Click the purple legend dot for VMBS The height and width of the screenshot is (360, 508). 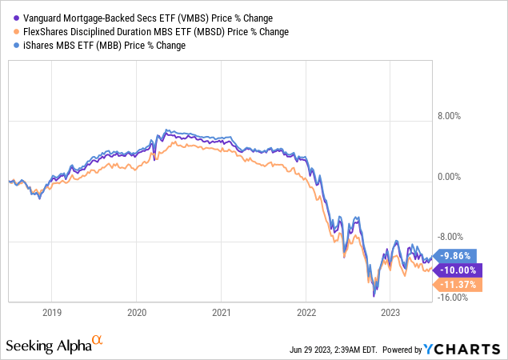click(12, 18)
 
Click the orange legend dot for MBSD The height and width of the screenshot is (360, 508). click(12, 32)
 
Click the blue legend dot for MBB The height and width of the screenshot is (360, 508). click(12, 46)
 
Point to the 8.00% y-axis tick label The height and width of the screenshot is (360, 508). click(455, 116)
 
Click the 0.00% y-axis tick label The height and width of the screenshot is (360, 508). click(455, 177)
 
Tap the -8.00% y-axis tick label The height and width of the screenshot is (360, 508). click(454, 237)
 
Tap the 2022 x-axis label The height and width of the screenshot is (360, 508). click(306, 312)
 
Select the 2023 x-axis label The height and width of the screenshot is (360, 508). click(390, 312)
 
